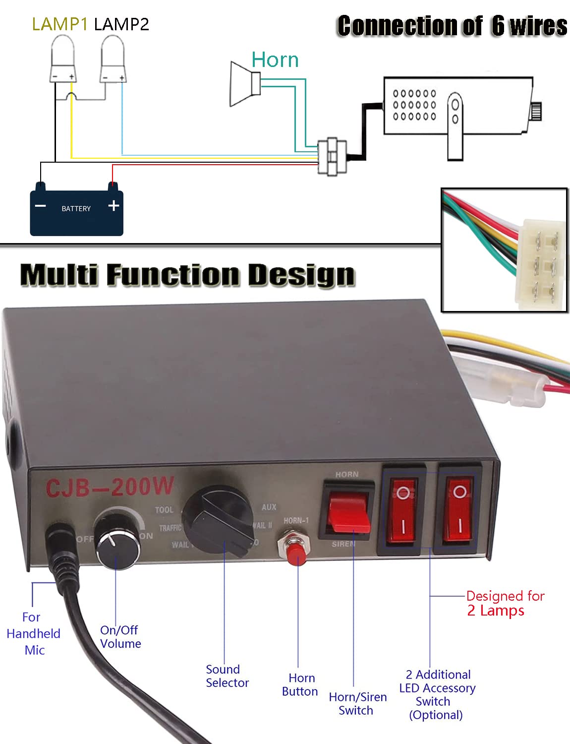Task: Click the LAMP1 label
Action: pos(59,24)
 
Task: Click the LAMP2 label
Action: pos(121,24)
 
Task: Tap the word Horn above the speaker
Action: pos(275,60)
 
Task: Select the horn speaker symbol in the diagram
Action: pos(244,83)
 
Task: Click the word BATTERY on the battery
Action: pos(76,209)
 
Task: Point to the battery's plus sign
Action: pos(114,205)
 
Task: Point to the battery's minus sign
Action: pos(41,206)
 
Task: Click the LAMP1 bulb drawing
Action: pos(62,60)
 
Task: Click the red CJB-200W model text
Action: pos(110,487)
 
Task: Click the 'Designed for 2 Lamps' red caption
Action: pos(505,603)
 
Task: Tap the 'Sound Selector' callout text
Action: pos(227,676)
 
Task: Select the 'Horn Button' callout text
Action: pos(300,684)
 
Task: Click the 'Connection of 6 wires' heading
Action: pos(452,26)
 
